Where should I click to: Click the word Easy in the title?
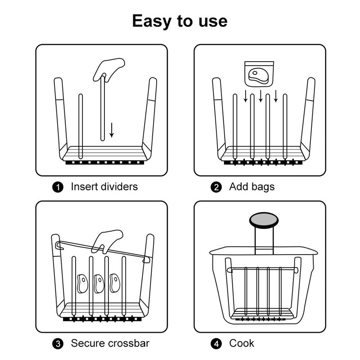[x=152, y=21]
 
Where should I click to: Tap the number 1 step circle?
[x=58, y=187]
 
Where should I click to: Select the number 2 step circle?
[x=216, y=187]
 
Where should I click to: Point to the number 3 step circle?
[x=58, y=344]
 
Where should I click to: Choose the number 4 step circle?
[x=216, y=344]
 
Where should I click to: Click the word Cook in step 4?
[x=242, y=343]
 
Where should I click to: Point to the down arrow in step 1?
[x=112, y=130]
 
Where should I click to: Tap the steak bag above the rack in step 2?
[x=259, y=74]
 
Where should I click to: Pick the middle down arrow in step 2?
[x=261, y=96]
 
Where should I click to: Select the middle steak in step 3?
[x=99, y=283]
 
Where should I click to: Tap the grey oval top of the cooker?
[x=264, y=220]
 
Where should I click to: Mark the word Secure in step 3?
[x=88, y=343]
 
